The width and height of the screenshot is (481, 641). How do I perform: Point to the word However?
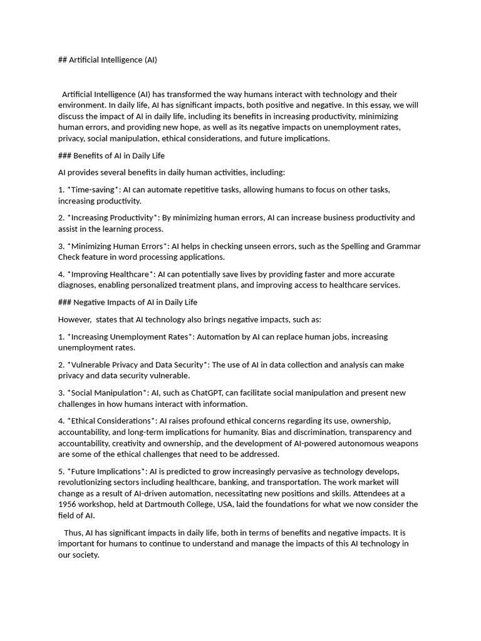(75, 319)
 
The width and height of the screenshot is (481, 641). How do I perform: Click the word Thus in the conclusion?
(73, 532)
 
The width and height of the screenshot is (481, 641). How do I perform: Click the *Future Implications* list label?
(106, 471)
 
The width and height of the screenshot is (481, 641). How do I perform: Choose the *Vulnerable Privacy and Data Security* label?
(138, 364)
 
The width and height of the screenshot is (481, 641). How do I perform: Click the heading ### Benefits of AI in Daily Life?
(111, 155)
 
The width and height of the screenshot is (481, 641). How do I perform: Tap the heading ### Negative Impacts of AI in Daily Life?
(128, 302)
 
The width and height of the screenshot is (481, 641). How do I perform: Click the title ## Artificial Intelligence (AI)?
(108, 60)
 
